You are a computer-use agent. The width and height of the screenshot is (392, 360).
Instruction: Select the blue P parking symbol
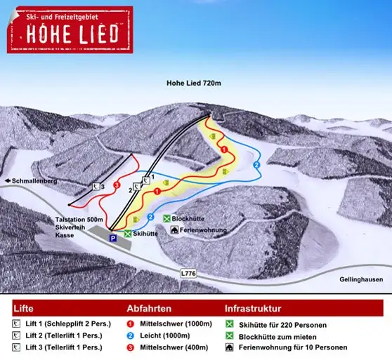(x=112, y=239)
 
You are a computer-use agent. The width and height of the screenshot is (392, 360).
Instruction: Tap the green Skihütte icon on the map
(x=127, y=234)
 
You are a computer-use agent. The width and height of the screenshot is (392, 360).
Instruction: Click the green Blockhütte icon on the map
(x=166, y=219)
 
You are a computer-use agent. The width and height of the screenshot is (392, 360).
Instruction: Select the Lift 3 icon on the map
(x=96, y=187)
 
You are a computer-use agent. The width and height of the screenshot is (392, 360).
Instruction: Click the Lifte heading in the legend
(x=24, y=308)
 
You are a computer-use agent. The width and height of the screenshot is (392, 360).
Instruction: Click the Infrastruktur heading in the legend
(x=253, y=308)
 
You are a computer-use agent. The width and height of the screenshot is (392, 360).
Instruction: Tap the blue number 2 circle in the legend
(x=131, y=336)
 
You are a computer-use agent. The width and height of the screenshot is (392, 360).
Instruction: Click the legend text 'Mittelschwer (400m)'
(x=176, y=347)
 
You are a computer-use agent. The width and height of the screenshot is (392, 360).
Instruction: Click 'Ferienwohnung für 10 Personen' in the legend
(x=308, y=347)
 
